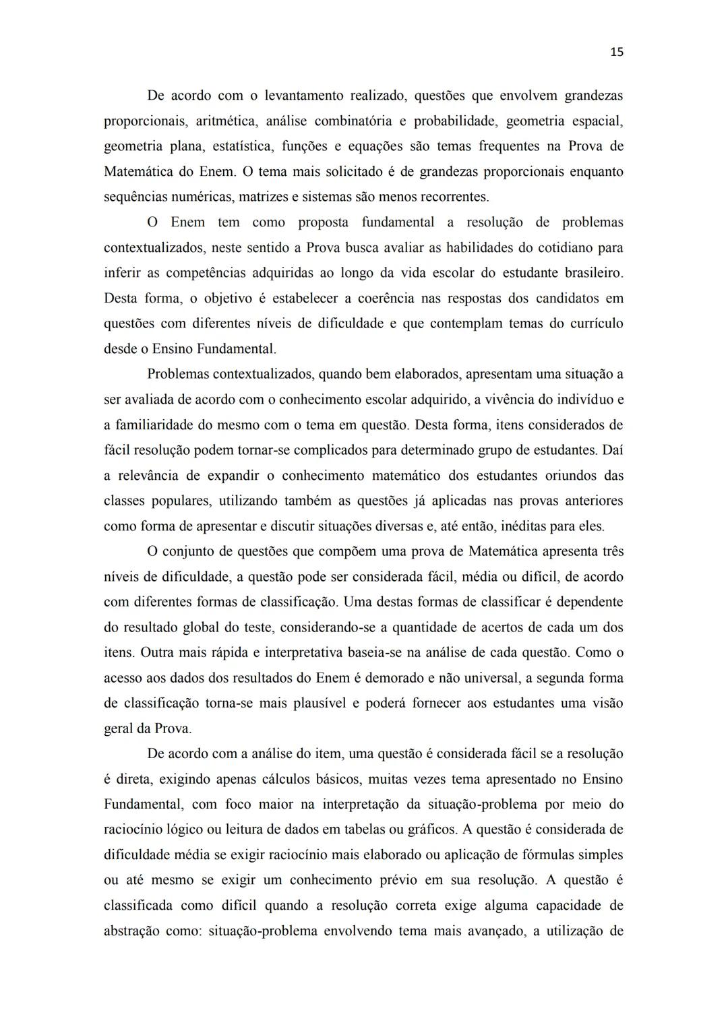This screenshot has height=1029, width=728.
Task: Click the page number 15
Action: click(617, 53)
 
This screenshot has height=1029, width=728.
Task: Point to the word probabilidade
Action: click(454, 121)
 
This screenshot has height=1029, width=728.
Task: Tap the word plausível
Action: click(320, 704)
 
